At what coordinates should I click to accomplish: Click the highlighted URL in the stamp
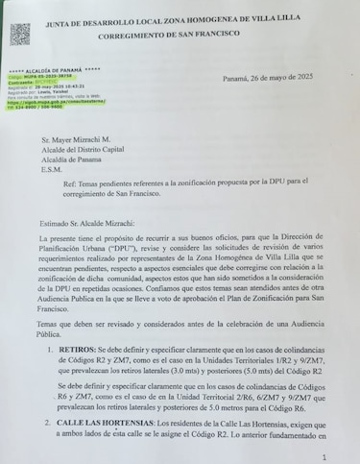point(49,102)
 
